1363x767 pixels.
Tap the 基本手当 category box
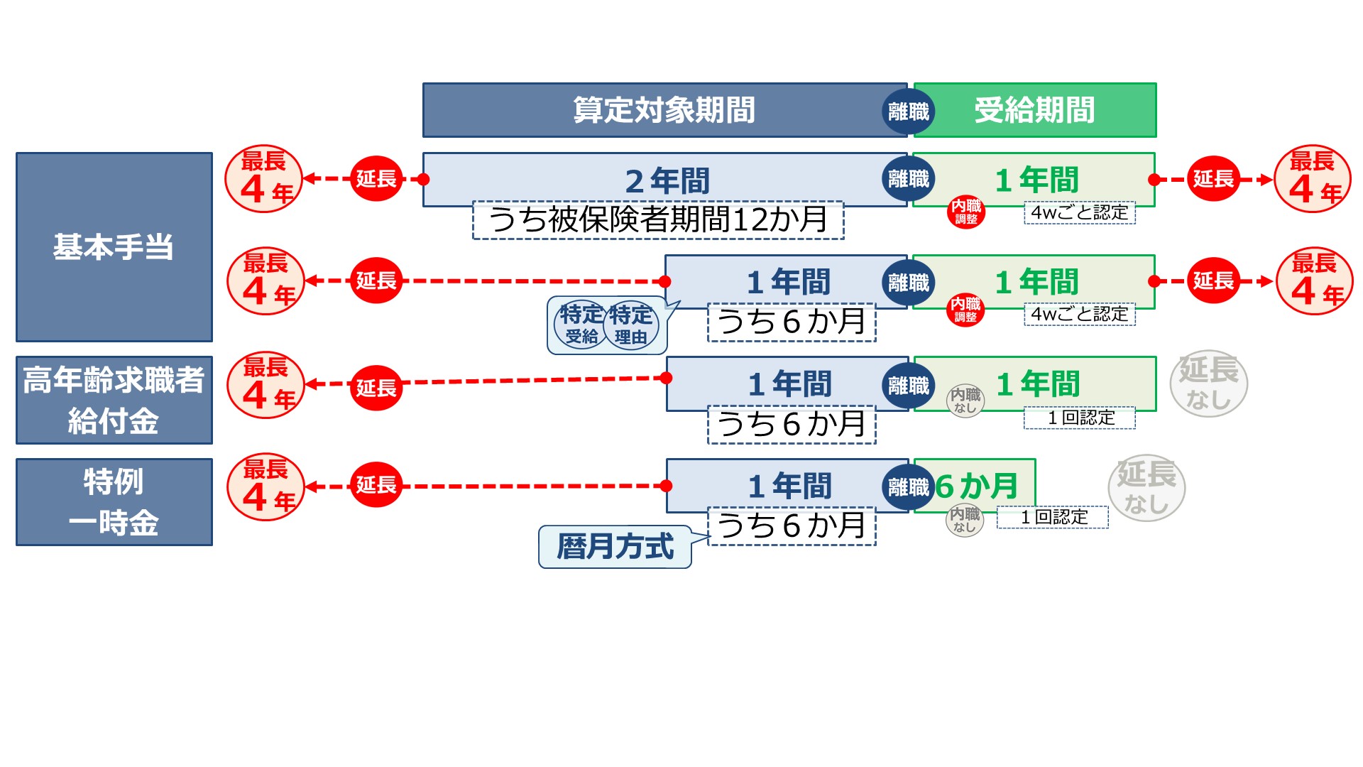point(114,247)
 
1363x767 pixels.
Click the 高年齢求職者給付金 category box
point(114,400)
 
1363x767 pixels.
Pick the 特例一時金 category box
point(114,502)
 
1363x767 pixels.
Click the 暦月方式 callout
point(615,547)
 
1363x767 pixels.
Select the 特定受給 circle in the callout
point(581,325)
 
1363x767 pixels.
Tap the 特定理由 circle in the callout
point(631,325)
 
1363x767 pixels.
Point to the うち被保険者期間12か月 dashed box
point(658,220)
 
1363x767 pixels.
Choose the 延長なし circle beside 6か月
point(1146,488)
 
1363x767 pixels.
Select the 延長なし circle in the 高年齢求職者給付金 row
point(1208,383)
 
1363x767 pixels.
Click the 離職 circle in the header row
point(909,111)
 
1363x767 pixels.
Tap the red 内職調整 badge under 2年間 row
point(965,211)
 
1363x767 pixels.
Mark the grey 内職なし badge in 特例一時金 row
point(965,520)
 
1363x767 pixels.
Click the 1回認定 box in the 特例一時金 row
point(1053,517)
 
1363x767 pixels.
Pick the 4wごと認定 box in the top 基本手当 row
point(1079,212)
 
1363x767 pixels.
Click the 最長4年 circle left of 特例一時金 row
point(266,487)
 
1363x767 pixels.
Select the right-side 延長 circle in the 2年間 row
point(1213,178)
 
